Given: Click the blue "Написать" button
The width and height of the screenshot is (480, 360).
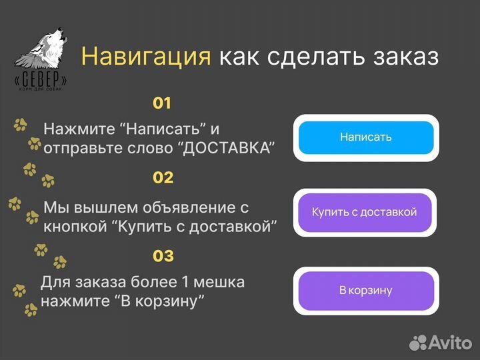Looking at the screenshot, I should tap(365, 137).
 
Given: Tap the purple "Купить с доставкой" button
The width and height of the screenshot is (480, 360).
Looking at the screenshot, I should tap(365, 213).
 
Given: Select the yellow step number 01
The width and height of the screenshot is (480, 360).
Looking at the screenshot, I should tap(162, 103).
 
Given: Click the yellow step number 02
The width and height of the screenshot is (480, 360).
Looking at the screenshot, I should tap(163, 178).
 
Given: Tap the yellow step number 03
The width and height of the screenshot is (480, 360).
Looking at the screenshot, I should tap(163, 256).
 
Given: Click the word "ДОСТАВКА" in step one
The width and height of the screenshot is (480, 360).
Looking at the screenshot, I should tap(227, 148).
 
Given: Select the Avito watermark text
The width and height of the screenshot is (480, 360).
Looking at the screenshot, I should tap(450, 342).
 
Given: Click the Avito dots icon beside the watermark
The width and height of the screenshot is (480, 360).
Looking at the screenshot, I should tap(419, 342).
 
